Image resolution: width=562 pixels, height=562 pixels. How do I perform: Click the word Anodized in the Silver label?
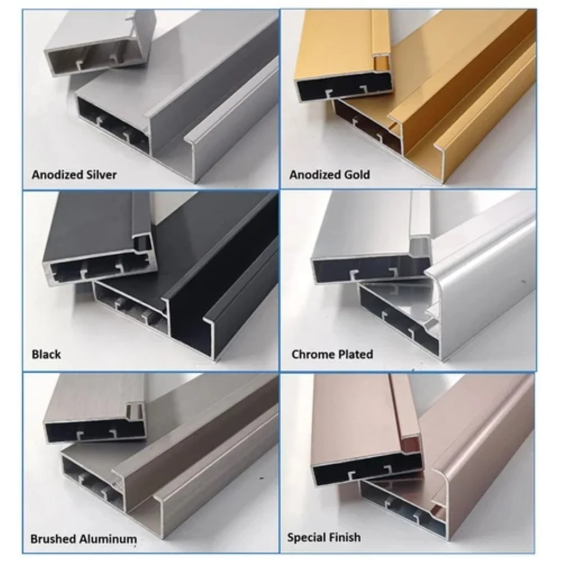(x=57, y=175)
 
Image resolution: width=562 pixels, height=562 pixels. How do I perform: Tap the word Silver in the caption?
(x=101, y=175)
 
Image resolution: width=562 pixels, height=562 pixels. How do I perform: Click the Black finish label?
(x=46, y=355)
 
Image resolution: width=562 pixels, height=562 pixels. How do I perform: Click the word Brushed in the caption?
(x=53, y=539)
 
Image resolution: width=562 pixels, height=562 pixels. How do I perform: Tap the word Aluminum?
(x=108, y=539)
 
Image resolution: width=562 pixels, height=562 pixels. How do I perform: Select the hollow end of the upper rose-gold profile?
(x=366, y=469)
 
